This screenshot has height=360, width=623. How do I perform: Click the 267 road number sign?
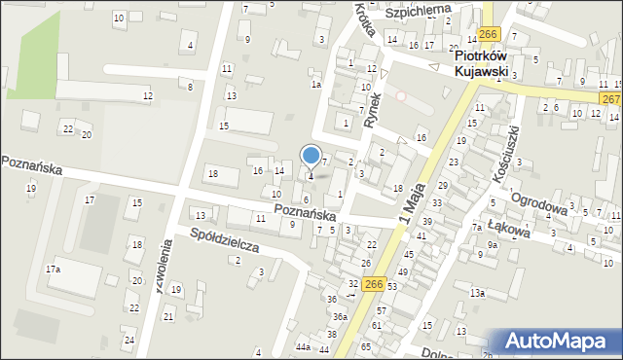point(610,99)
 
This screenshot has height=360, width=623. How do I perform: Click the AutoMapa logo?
point(559,342)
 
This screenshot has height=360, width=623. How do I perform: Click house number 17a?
point(53,270)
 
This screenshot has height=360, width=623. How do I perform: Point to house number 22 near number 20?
point(67,128)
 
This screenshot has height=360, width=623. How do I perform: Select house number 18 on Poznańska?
point(212,173)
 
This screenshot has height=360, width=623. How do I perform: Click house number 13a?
point(477,293)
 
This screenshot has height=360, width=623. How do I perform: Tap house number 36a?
point(339,317)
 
